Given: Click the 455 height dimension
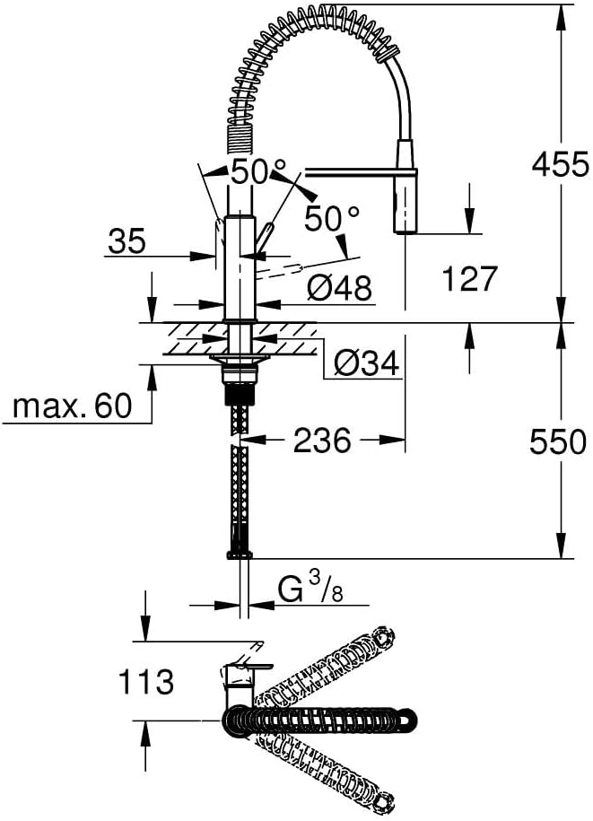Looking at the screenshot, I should [x=559, y=164].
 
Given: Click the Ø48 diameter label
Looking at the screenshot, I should [x=339, y=287].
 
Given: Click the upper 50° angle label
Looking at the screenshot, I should [x=258, y=170].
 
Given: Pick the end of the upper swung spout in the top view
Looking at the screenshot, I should [x=385, y=638].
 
